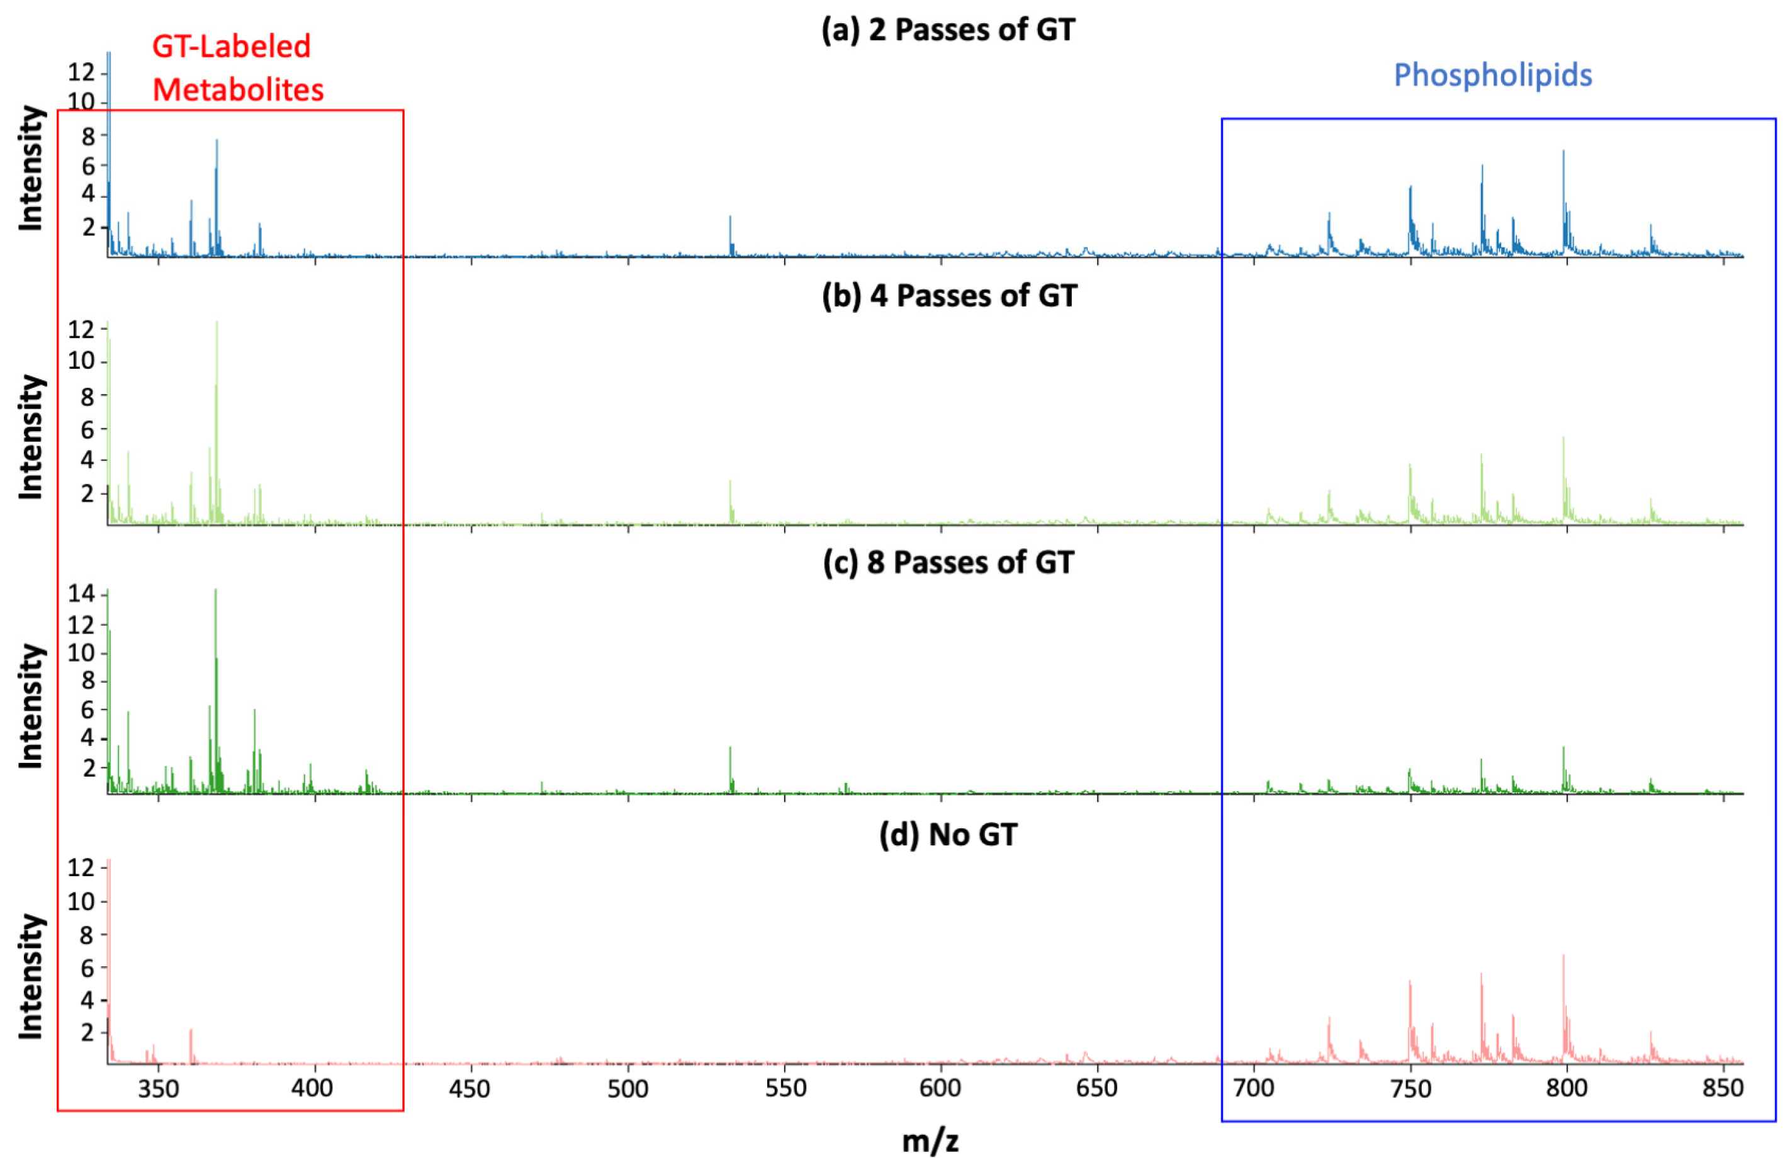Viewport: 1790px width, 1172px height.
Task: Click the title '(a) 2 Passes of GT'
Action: pyautogui.click(x=948, y=30)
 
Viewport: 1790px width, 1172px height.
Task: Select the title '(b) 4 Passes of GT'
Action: pyautogui.click(x=948, y=296)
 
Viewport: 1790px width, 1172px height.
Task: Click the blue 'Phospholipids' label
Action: pyautogui.click(x=1492, y=76)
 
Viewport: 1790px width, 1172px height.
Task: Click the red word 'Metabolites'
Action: pyautogui.click(x=238, y=90)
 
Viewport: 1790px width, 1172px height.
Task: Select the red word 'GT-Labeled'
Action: pyautogui.click(x=231, y=47)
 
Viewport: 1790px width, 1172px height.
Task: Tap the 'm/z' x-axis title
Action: pyautogui.click(x=930, y=1141)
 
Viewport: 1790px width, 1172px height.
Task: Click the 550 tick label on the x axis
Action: pyautogui.click(x=785, y=1088)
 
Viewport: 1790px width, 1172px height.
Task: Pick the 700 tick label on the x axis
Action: pyautogui.click(x=1254, y=1088)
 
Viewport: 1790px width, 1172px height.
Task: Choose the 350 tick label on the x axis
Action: pyautogui.click(x=159, y=1088)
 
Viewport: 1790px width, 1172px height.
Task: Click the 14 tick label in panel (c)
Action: pyautogui.click(x=81, y=594)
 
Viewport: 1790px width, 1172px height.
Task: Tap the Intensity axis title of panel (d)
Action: pyautogui.click(x=31, y=976)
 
